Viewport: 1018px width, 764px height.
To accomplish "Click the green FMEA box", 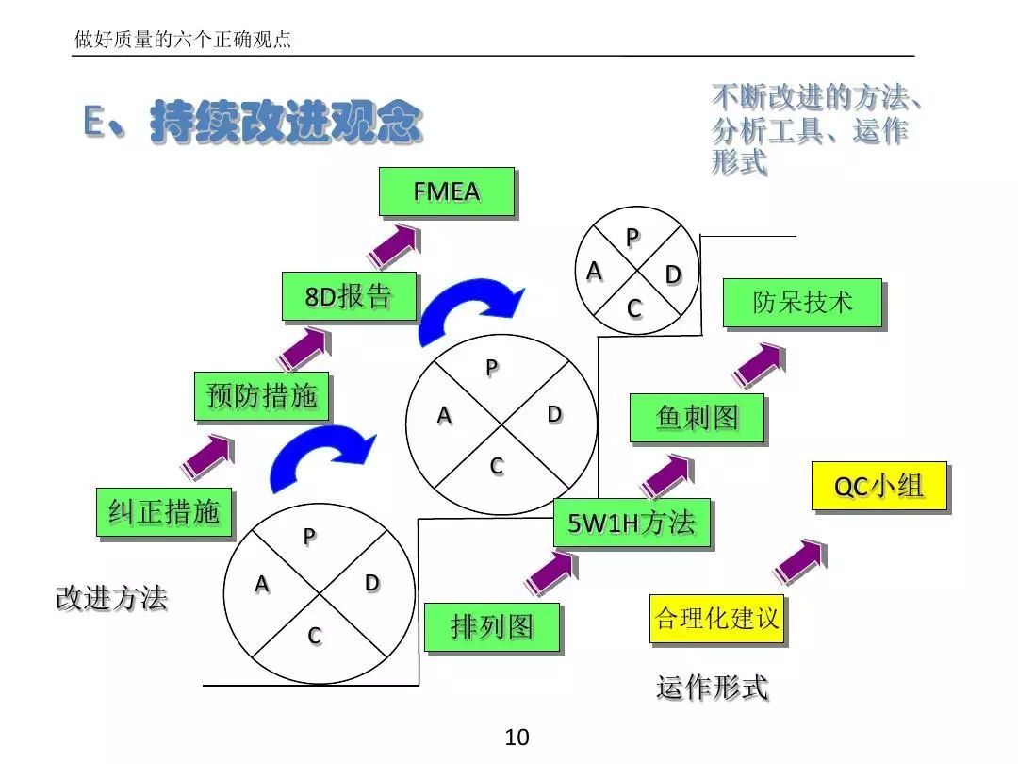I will coord(446,191).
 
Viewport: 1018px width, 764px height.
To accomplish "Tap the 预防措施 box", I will coord(261,396).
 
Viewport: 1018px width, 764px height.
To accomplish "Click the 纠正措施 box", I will coord(164,512).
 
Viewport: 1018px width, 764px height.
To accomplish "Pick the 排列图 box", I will coord(491,627).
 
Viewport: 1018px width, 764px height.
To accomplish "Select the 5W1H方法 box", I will coord(632,523).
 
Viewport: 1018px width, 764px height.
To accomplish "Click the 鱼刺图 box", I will coord(697,418).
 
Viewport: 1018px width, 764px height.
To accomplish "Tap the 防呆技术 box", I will coord(802,303).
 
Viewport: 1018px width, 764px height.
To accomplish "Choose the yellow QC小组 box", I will coord(878,487).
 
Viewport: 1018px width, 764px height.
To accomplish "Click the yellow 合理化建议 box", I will coord(717,619).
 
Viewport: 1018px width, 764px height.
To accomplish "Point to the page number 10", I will coord(517,738).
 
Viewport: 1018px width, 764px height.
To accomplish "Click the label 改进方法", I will coord(111,598).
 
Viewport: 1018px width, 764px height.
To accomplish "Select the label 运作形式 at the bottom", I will coord(712,688).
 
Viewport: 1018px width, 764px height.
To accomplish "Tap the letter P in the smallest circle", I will coord(632,237).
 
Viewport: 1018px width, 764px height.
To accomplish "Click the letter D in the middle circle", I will coord(554,414).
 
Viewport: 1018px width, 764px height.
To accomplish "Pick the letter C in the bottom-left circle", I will coord(314,637).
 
